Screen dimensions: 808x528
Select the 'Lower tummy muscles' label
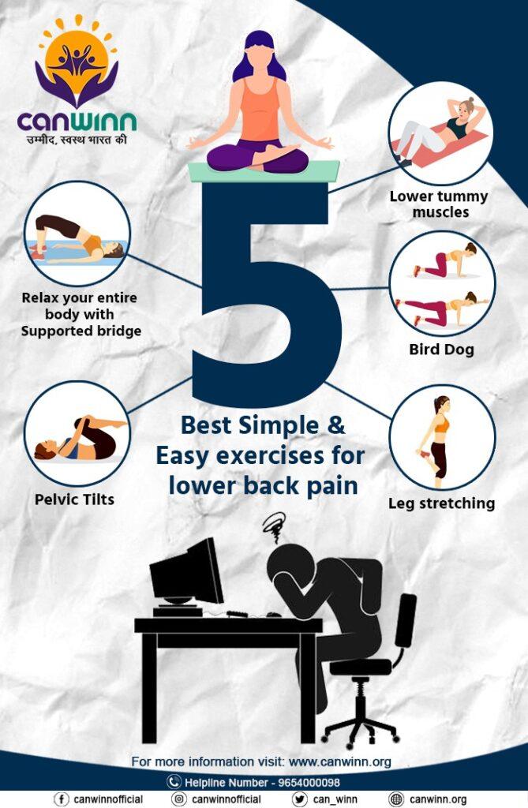coord(439,204)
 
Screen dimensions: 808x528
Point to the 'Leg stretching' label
coord(441,503)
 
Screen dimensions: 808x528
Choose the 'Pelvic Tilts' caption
coord(74,499)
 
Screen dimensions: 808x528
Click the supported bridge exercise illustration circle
coord(77,234)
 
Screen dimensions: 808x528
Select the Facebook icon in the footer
coord(61,799)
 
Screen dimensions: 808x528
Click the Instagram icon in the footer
coord(178,799)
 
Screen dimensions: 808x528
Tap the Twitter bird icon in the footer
coord(299,799)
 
